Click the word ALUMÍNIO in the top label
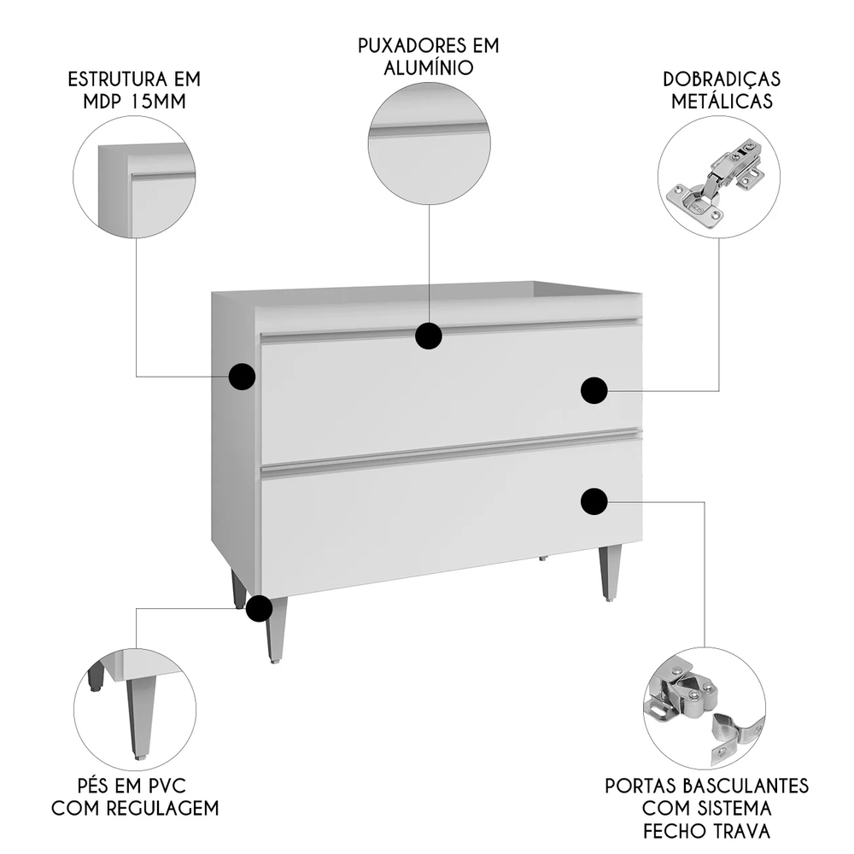[429, 67]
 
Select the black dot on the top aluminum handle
[429, 336]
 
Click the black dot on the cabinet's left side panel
[243, 377]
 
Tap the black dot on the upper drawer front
[594, 390]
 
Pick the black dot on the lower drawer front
[594, 502]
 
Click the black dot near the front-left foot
[259, 609]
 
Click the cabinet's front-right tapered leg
[609, 572]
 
